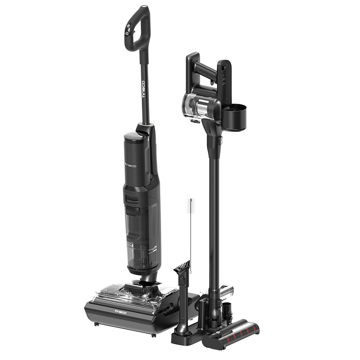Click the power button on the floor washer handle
coord(127,33)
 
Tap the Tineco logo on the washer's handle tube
coord(144,89)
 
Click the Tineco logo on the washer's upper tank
coord(130,165)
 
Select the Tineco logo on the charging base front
coord(121,312)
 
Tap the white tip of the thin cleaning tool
coord(190,206)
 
